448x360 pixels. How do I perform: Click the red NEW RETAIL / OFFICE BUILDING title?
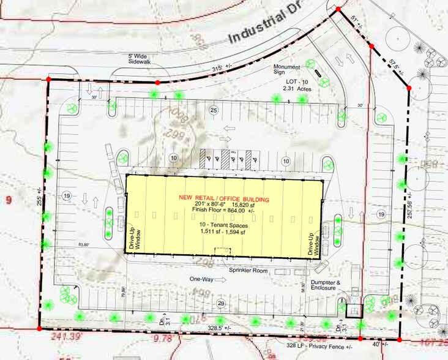coord(224,198)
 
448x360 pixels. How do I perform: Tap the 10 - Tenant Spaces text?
coord(224,225)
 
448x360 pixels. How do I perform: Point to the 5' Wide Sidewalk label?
coord(140,59)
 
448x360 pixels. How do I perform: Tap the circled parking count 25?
coord(213,110)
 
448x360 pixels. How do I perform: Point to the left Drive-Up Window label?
coord(134,240)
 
